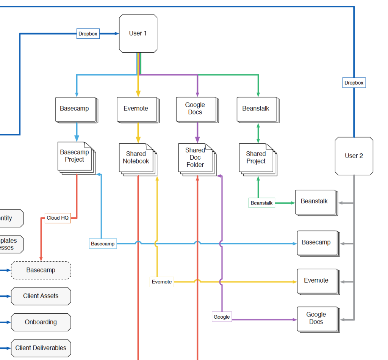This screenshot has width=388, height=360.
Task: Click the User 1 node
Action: (138, 33)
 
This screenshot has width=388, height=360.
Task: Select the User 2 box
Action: (354, 156)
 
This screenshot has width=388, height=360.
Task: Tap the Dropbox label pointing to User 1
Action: (88, 34)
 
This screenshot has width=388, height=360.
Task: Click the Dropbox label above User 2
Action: (354, 83)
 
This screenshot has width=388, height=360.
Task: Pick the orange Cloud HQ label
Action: (58, 218)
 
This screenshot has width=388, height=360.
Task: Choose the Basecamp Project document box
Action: (75, 156)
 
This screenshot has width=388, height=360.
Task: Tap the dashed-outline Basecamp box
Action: (41, 270)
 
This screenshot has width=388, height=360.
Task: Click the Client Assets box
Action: (41, 296)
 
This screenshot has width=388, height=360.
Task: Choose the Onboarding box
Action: (41, 322)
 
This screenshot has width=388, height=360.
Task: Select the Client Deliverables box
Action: (41, 348)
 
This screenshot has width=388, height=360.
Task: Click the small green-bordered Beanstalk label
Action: (261, 203)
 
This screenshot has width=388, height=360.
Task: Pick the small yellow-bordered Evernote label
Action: (162, 282)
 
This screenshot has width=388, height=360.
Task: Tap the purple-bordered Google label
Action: (222, 317)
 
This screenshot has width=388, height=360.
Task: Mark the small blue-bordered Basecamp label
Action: (103, 244)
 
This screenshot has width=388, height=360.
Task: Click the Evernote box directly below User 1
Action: (136, 109)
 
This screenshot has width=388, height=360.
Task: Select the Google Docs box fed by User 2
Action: (316, 318)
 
